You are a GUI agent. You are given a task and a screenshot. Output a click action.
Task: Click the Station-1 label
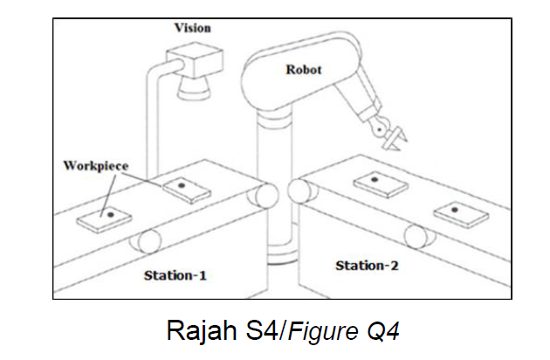tap(175, 275)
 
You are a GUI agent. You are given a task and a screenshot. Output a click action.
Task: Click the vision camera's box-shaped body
tap(194, 65)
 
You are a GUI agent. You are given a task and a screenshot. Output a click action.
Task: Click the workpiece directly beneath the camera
tap(182, 188)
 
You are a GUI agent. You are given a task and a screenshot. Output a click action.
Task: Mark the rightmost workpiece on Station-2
tap(457, 211)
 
